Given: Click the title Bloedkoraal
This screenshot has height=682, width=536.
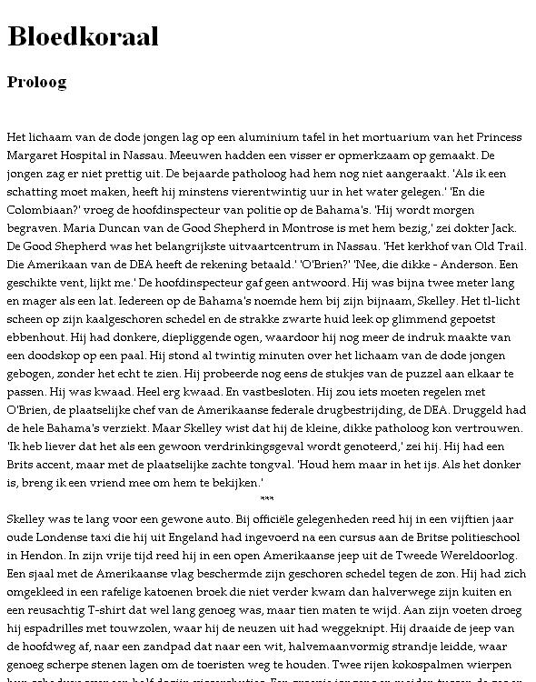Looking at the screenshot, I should [83, 36].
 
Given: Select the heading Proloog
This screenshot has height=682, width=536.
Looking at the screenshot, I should [36, 82].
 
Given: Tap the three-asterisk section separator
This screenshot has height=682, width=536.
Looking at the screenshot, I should [266, 500].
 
